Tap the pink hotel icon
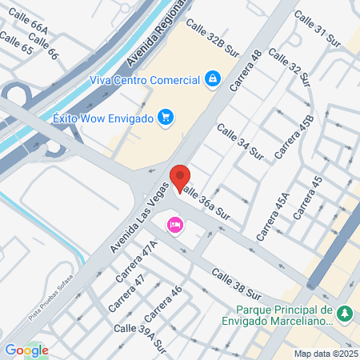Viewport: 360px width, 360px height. click(174, 226)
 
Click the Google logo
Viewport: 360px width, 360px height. click(26, 350)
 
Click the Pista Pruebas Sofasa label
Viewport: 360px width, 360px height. click(64, 308)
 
